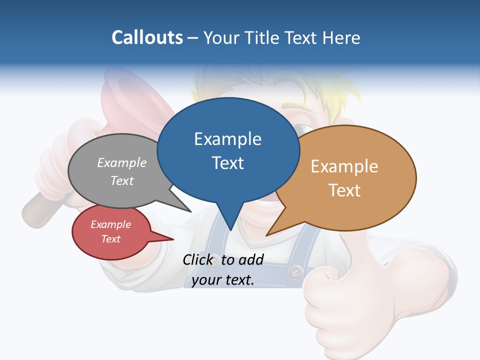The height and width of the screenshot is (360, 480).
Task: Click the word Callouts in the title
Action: pyautogui.click(x=147, y=37)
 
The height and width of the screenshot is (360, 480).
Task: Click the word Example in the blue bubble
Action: pyautogui.click(x=227, y=138)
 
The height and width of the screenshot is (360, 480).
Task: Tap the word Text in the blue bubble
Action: pyautogui.click(x=227, y=162)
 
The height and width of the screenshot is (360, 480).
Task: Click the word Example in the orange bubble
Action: pyautogui.click(x=344, y=166)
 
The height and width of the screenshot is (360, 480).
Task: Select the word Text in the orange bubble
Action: pyautogui.click(x=344, y=190)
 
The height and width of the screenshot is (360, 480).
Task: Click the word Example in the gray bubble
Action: pyautogui.click(x=122, y=162)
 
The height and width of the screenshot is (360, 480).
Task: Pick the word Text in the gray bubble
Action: pyautogui.click(x=122, y=180)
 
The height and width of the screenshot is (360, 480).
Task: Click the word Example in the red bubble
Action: pyautogui.click(x=110, y=224)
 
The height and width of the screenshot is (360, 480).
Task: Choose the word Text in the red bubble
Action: pyautogui.click(x=110, y=239)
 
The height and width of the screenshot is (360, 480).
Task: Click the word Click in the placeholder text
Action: pyautogui.click(x=198, y=259)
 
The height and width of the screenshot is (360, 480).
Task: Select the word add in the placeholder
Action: pyautogui.click(x=251, y=259)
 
